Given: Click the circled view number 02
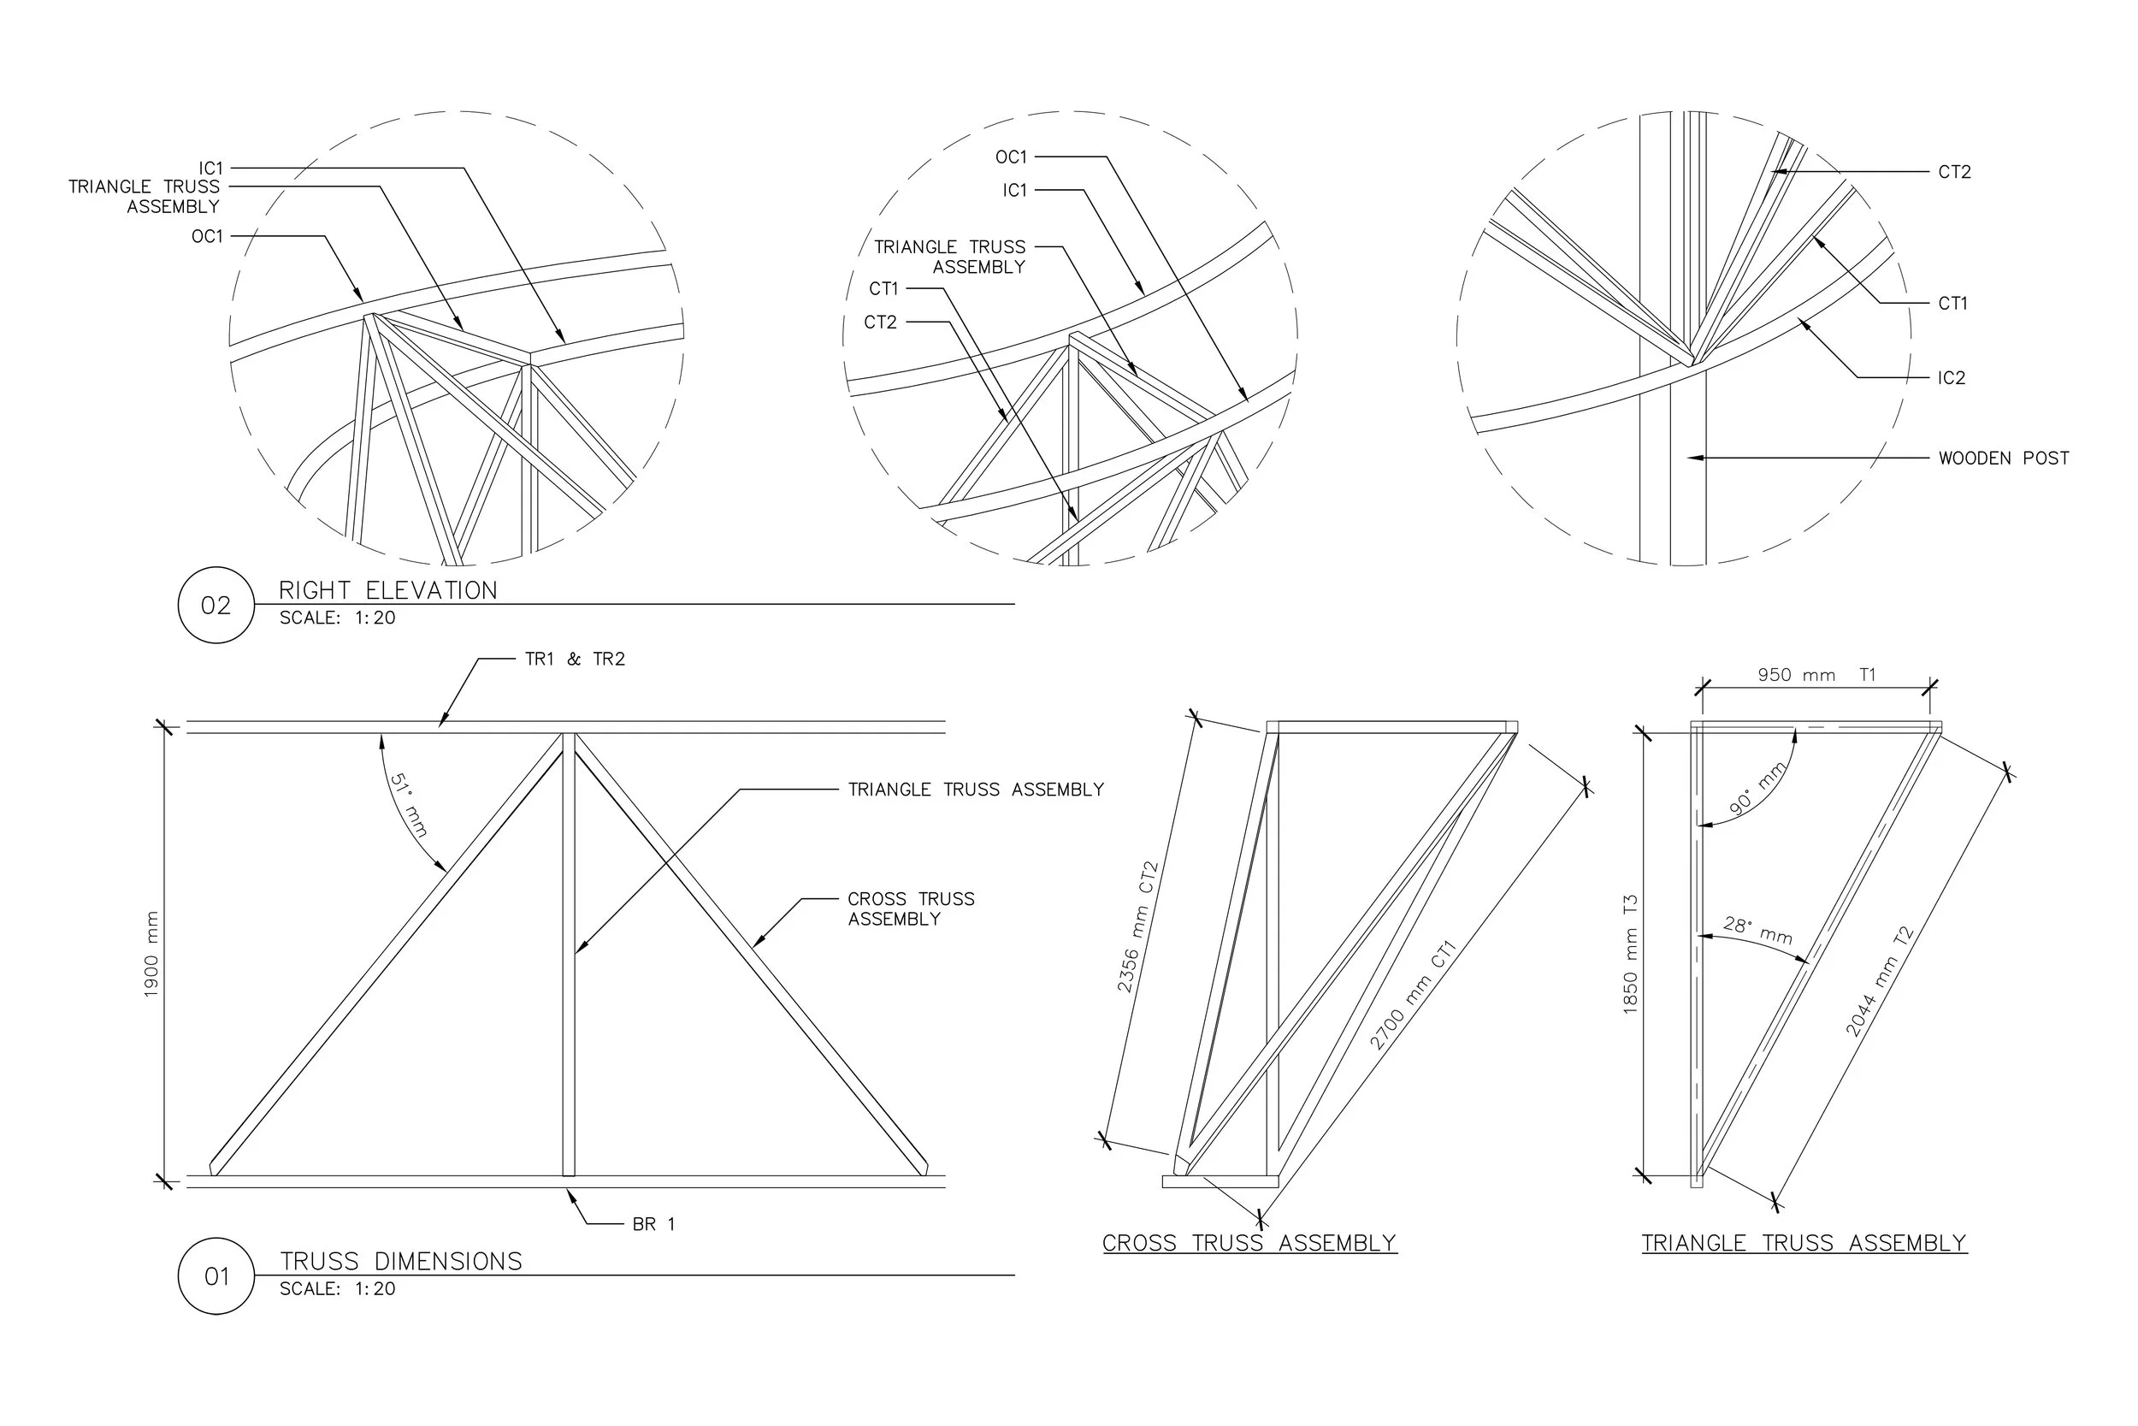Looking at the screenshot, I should coord(216,606).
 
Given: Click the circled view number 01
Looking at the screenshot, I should coord(216,1277).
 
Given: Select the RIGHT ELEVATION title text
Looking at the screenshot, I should coord(388,591).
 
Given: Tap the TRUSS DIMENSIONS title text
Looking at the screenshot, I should coord(401,1262).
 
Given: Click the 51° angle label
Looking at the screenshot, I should coord(408,805).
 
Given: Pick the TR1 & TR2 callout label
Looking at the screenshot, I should coord(575,660).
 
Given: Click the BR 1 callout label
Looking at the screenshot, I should coord(653,1224).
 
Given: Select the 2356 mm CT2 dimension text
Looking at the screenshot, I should coord(1137,926).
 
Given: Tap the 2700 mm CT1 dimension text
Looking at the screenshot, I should coord(1413,995).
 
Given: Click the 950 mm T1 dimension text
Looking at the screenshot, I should coord(1816,675).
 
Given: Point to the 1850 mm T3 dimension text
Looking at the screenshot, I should coord(1630,954).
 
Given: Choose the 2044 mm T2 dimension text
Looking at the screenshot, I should coord(1879,981).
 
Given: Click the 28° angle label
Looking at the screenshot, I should coord(1758,931).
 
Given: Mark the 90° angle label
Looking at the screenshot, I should coord(1757,788).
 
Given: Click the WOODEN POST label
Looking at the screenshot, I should coord(2004,459).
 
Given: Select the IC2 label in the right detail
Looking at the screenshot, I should coord(1951,378).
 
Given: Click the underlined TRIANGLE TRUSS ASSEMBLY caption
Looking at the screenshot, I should coord(1804,1243).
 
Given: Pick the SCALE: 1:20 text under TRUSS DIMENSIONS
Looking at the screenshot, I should coord(337,1288).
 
